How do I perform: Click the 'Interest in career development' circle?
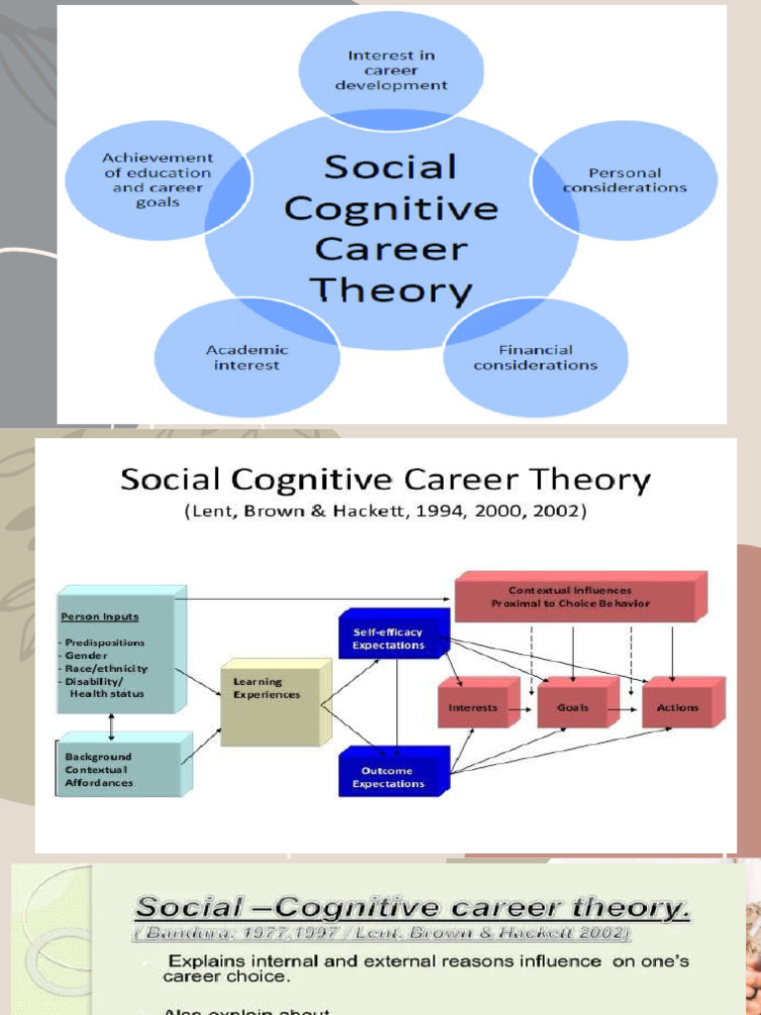(391, 70)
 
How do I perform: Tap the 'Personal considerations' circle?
(624, 179)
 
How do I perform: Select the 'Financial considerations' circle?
(535, 358)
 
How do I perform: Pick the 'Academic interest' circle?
(247, 358)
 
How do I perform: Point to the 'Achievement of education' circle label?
(158, 179)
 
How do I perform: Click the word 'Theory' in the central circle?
(390, 290)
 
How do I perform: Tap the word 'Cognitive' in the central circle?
(390, 209)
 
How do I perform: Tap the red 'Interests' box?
(474, 708)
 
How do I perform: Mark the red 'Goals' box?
(573, 708)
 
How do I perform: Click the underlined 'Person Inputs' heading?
(100, 617)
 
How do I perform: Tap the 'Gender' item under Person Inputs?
(89, 655)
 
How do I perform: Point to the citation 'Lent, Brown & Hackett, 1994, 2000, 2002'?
(384, 512)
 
